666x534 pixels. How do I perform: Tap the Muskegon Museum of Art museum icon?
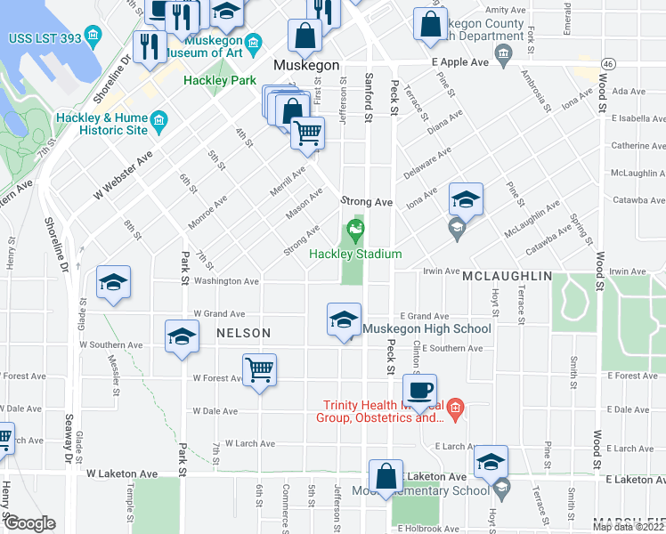254,43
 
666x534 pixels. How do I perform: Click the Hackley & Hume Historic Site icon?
159,120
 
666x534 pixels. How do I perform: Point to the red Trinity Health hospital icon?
455,409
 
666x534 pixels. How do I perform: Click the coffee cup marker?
418,389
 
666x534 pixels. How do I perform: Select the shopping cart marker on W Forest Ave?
259,369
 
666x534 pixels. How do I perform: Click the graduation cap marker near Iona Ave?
465,199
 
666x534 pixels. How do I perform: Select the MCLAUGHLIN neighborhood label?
507,277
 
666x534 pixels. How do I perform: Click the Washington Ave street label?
226,281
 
